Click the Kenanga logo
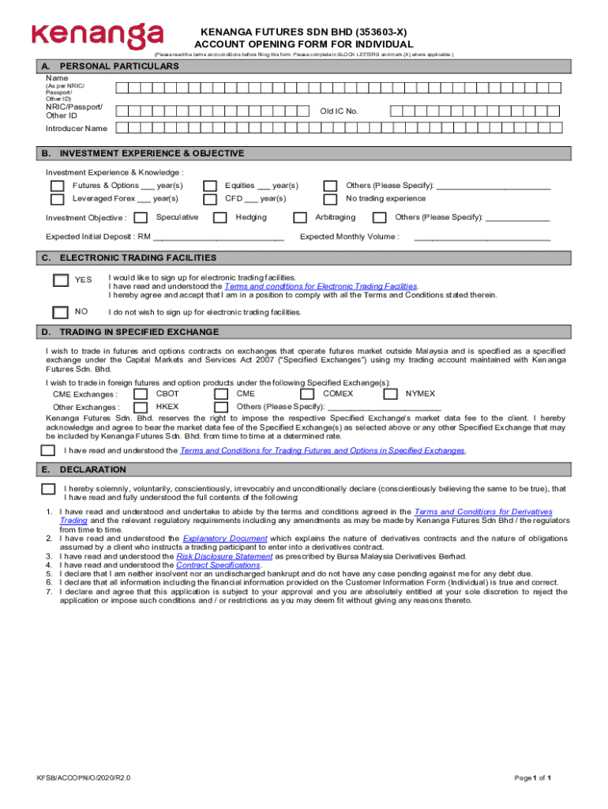[x=97, y=36]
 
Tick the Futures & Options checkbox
[x=58, y=186]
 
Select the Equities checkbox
[x=210, y=186]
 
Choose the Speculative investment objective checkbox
[x=141, y=218]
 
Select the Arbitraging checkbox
[x=300, y=218]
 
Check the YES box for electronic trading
[x=61, y=280]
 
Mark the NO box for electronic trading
[x=61, y=311]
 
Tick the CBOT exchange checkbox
[x=141, y=393]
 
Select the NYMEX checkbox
[x=390, y=393]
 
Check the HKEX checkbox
[x=141, y=407]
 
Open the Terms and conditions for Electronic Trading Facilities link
[x=321, y=286]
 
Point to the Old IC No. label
[x=339, y=111]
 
